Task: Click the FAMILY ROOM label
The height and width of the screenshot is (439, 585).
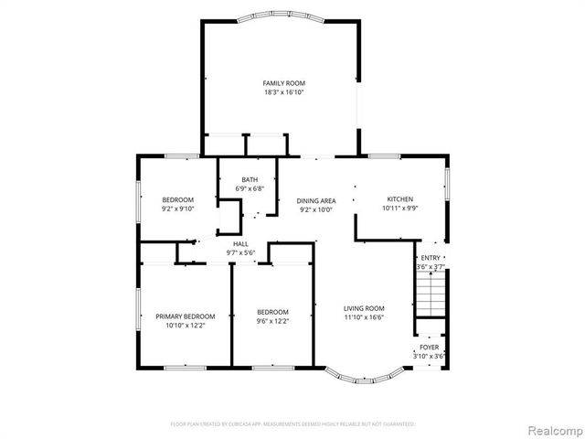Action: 283,83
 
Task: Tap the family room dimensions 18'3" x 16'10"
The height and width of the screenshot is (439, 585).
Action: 283,92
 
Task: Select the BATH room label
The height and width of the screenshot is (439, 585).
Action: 250,179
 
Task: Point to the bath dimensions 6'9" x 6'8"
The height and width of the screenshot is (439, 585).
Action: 250,188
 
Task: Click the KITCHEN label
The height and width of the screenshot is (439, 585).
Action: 399,199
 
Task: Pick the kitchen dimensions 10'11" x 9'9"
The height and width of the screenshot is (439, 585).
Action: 399,209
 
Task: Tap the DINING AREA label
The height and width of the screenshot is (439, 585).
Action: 316,200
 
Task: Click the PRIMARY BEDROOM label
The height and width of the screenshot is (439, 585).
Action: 179,316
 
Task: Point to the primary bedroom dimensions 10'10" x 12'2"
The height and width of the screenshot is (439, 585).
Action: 179,325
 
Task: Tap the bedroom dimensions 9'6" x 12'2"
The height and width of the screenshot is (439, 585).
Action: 272,321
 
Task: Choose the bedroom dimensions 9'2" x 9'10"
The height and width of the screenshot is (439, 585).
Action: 178,209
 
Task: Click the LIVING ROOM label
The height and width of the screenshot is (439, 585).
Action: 364,308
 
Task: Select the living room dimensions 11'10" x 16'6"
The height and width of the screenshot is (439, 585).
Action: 364,317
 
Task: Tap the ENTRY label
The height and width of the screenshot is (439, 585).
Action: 430,258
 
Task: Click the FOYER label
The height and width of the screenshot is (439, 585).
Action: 429,348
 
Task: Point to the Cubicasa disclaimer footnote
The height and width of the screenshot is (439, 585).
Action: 292,424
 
